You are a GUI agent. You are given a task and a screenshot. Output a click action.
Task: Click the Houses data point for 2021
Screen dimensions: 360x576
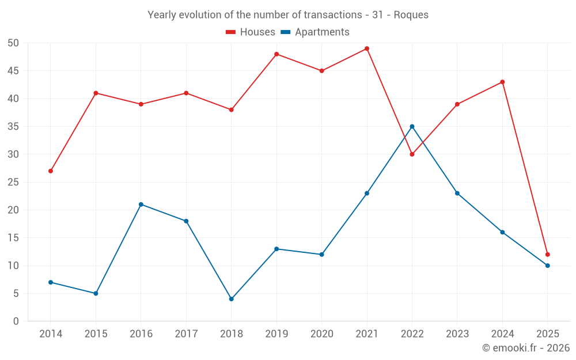point(367,48)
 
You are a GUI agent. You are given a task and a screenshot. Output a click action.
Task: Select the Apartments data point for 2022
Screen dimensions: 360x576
point(412,126)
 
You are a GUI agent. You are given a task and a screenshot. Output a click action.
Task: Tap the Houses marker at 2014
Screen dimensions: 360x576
point(51,171)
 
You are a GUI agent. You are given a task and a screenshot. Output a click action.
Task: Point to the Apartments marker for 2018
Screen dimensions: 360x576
point(231,299)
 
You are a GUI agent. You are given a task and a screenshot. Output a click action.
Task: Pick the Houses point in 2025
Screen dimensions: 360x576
point(548,255)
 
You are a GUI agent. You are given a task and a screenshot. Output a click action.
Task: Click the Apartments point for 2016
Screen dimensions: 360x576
point(141,204)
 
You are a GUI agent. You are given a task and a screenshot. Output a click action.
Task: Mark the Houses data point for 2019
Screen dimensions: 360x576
point(276,54)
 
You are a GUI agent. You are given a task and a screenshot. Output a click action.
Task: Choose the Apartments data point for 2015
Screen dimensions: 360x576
point(96,294)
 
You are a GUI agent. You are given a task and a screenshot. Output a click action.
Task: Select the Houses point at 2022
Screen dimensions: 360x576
point(412,154)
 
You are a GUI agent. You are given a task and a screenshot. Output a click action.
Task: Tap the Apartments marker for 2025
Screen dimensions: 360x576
point(548,266)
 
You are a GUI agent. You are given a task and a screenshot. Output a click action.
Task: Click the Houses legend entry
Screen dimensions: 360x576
point(251,32)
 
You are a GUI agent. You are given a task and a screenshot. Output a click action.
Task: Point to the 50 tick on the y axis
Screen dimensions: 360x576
point(13,43)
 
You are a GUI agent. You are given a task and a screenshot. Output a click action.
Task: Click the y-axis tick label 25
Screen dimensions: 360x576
point(13,183)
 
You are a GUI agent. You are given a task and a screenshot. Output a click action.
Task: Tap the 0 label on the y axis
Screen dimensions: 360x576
point(16,321)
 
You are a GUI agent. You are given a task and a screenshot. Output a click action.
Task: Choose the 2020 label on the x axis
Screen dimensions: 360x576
point(321,334)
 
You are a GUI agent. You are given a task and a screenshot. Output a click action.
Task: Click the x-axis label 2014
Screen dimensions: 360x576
point(51,334)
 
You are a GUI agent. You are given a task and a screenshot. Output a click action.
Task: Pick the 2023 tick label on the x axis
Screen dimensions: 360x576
point(457,334)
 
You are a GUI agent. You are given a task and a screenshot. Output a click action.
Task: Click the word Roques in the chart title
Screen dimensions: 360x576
point(411,15)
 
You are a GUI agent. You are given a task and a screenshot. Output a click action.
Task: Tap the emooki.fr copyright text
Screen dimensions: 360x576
point(525,348)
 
